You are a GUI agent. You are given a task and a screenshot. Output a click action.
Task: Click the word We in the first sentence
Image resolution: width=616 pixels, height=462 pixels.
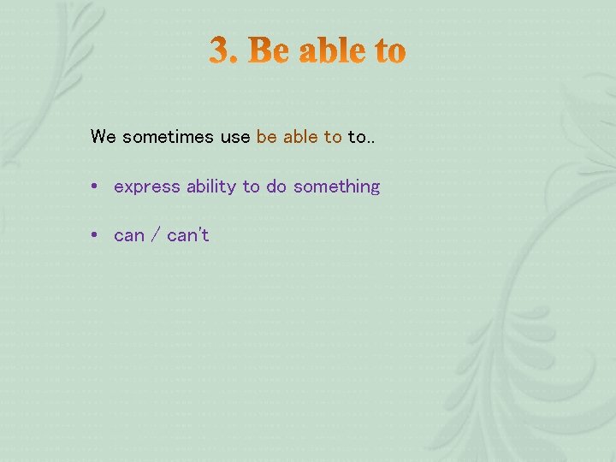(103, 137)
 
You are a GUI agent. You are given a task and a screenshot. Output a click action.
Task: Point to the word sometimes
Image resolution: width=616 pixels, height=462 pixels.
(169, 137)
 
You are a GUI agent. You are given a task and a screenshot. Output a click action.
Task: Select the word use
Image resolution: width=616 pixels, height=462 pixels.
(235, 137)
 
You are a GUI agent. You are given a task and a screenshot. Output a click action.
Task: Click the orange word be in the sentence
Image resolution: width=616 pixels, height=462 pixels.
(266, 137)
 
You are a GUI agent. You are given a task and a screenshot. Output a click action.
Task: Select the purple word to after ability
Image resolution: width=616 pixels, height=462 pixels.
(251, 187)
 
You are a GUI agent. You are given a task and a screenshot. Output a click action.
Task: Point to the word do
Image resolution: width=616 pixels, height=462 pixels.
(276, 187)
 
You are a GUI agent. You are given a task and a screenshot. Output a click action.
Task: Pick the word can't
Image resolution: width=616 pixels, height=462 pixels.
(188, 235)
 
